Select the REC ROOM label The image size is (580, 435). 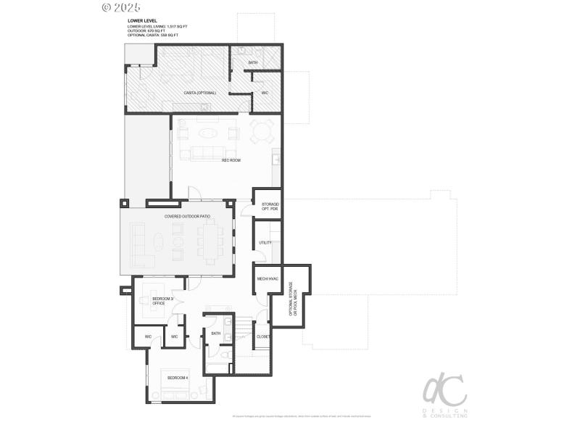(x=231, y=159)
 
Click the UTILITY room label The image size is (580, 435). (x=265, y=242)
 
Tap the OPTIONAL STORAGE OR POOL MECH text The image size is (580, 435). (x=292, y=298)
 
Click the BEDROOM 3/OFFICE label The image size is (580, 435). (x=162, y=301)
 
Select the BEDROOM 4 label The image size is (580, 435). (x=177, y=378)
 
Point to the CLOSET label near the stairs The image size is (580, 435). (x=262, y=336)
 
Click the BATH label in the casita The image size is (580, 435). (x=252, y=63)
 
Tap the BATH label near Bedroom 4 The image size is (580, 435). (x=215, y=333)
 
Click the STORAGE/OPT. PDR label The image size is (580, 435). (x=269, y=207)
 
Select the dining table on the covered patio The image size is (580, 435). (x=211, y=241)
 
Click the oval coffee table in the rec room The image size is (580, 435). (x=207, y=133)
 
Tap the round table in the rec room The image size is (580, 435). (x=261, y=133)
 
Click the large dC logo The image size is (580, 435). (x=443, y=392)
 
